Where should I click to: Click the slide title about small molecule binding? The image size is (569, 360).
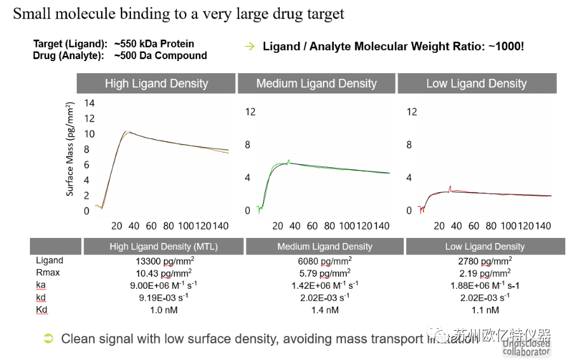pos(179,14)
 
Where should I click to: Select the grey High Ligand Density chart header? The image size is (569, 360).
pos(156,83)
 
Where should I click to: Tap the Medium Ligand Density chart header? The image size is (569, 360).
pos(317,83)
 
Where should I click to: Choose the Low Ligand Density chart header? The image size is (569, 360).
pos(476,83)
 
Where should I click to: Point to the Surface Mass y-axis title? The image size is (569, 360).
pos(71,152)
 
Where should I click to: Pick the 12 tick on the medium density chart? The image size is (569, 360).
pos(250,112)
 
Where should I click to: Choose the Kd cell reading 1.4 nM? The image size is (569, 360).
pos(325,310)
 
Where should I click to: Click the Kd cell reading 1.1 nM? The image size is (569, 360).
pos(485,310)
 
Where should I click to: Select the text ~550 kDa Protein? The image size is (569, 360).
pos(154,44)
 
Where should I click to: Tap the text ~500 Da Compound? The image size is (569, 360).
pos(161,55)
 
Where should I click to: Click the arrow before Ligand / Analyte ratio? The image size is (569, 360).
pos(250,46)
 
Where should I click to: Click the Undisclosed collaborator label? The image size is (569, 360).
pos(526,347)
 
